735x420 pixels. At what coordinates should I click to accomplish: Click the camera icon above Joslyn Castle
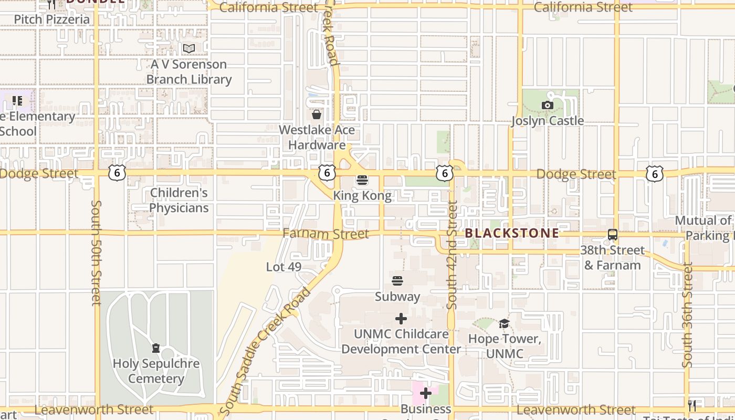click(x=548, y=105)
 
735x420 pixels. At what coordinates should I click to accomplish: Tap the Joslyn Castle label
click(x=548, y=121)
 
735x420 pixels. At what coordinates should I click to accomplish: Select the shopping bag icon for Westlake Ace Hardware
click(x=317, y=114)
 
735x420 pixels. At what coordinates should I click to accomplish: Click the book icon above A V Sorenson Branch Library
click(x=189, y=49)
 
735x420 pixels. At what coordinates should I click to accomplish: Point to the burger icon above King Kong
click(x=362, y=181)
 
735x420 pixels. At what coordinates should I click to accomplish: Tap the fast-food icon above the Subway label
click(x=397, y=281)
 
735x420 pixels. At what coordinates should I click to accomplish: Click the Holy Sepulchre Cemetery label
click(x=156, y=371)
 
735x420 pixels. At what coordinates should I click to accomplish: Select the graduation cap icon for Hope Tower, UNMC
click(x=504, y=323)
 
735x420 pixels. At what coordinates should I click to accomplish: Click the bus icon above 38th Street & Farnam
click(x=612, y=235)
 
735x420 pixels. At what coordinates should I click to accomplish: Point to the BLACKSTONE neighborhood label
click(x=512, y=233)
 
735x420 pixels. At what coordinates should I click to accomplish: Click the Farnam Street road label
click(x=325, y=234)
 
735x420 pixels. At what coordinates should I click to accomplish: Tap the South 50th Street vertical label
click(x=96, y=252)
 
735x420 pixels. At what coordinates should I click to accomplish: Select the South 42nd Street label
click(x=452, y=255)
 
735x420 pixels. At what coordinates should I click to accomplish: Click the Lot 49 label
click(x=283, y=267)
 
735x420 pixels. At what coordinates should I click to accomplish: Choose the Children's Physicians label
click(x=179, y=200)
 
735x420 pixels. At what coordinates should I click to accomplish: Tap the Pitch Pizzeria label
click(x=51, y=19)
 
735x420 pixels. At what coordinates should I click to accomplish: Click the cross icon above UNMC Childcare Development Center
click(x=401, y=319)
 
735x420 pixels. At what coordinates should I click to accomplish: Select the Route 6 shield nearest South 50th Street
click(x=118, y=173)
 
